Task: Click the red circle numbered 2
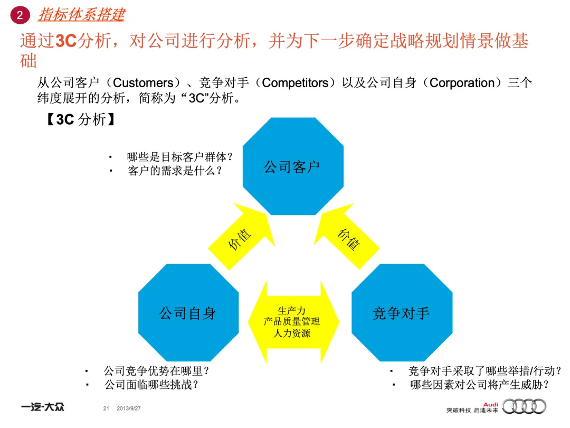20,15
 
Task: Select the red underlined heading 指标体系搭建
81,14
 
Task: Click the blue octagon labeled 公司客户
292,166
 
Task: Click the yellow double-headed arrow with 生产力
292,322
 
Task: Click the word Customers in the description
144,83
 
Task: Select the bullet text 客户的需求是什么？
175,171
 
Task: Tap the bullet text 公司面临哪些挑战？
154,385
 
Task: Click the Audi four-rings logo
524,406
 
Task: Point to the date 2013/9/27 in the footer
132,408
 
